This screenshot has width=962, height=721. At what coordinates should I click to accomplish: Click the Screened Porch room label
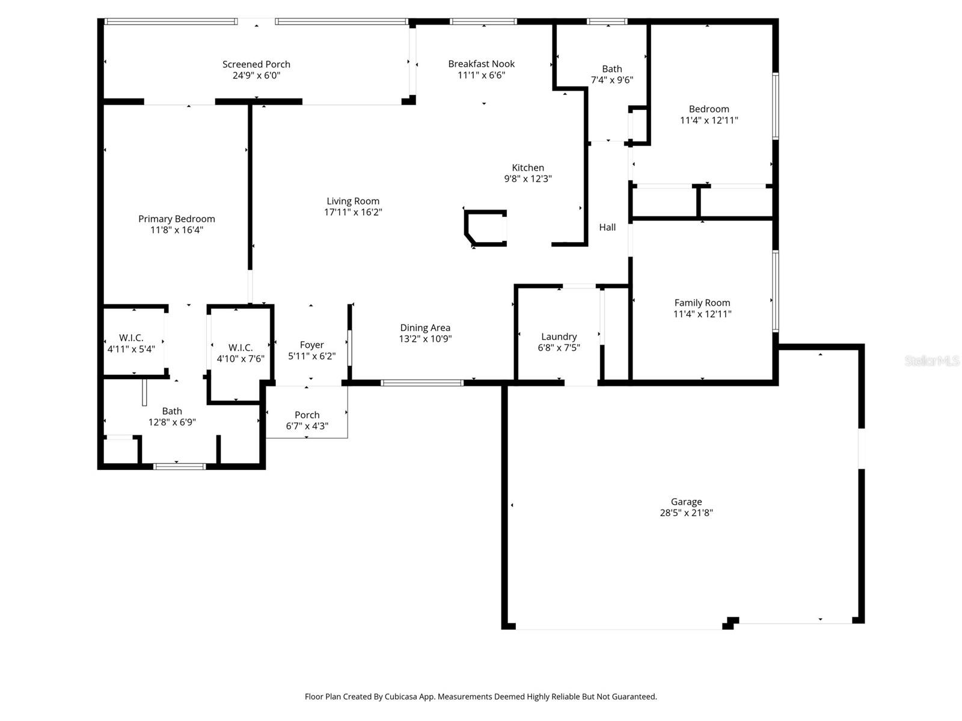(256, 64)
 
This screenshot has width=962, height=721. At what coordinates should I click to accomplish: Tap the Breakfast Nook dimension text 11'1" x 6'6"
(481, 75)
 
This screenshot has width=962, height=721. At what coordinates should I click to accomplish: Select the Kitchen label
(528, 168)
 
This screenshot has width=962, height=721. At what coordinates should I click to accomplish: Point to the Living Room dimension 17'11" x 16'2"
(353, 212)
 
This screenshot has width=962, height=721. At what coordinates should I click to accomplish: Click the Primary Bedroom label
(176, 219)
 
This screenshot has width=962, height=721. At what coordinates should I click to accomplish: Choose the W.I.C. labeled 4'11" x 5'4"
(131, 343)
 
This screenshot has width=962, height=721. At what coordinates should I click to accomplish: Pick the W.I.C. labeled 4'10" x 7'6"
(240, 353)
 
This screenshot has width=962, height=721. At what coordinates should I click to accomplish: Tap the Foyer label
(311, 345)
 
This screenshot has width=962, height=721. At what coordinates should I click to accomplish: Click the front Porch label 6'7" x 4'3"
(307, 421)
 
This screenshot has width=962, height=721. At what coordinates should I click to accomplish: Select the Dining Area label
(425, 327)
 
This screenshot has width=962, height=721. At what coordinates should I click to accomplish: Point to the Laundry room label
(559, 336)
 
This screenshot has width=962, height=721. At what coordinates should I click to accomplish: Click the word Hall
(607, 227)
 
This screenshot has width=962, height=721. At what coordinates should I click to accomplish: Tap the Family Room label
(702, 303)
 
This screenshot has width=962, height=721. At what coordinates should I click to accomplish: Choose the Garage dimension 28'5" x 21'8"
(686, 513)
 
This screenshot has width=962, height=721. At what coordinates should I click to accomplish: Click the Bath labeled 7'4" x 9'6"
(611, 75)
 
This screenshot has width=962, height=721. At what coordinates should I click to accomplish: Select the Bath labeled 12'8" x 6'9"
(172, 416)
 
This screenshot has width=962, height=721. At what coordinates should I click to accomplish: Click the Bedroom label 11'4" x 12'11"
(709, 114)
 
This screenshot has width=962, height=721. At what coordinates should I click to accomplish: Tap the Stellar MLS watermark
(931, 360)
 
